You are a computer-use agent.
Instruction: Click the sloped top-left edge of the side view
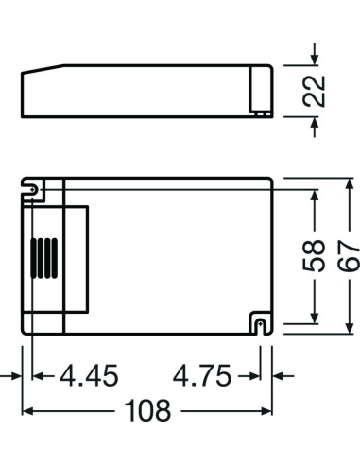coord(43,71)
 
